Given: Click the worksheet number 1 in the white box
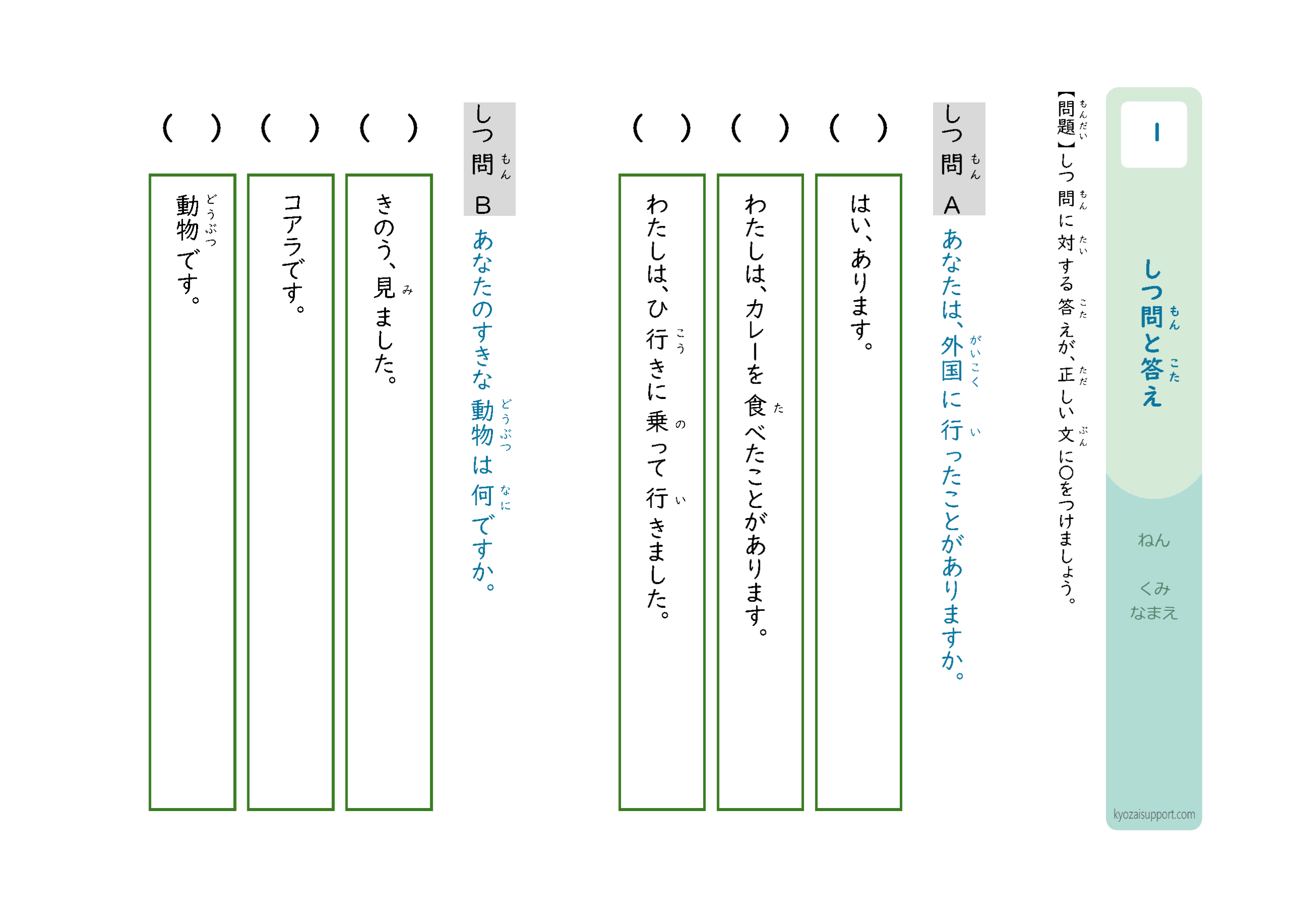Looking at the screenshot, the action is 1157,132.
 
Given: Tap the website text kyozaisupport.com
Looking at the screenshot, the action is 1154,815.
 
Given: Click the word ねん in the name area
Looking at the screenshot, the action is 1154,540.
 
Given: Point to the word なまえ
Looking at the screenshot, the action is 1154,613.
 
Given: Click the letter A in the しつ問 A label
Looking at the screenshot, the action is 952,205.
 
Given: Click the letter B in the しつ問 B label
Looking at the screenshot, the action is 483,206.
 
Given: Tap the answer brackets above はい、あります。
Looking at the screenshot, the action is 859,128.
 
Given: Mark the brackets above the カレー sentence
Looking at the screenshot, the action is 760,128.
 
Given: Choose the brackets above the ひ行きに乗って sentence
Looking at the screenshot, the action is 662,128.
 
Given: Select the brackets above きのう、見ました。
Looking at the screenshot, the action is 389,128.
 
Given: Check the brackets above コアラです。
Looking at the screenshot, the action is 290,128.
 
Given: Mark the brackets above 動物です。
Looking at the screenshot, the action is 192,128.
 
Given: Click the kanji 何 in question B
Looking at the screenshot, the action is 482,496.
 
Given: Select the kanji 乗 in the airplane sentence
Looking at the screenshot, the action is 657,422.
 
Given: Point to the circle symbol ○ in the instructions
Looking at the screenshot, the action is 1066,472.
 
